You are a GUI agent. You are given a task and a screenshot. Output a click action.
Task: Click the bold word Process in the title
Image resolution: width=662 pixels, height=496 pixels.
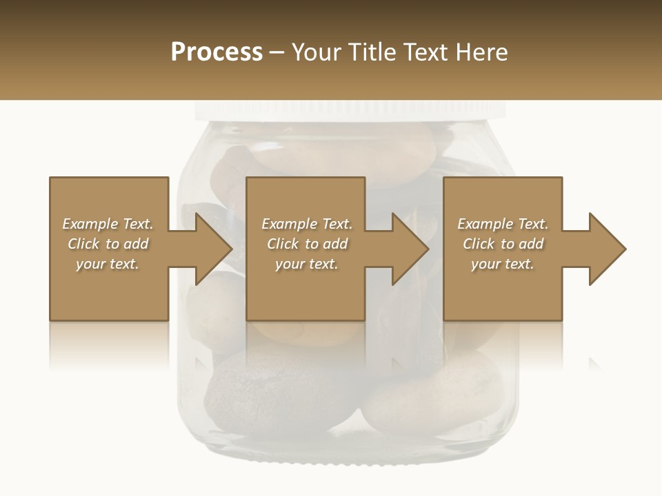[x=217, y=52]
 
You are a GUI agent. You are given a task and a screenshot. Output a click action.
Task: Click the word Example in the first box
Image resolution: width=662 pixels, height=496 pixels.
[x=90, y=224]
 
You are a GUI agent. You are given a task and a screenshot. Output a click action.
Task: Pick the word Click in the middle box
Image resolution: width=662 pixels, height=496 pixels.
[x=283, y=244]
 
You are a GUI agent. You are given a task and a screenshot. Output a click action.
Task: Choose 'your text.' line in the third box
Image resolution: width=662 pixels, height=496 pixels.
[x=502, y=264]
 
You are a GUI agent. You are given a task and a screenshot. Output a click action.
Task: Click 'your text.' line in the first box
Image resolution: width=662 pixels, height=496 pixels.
[x=108, y=264]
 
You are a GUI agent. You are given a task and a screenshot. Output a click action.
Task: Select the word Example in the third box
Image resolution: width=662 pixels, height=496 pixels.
[x=485, y=224]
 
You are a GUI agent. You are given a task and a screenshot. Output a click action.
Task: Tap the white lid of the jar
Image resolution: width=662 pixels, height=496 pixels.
[x=350, y=110]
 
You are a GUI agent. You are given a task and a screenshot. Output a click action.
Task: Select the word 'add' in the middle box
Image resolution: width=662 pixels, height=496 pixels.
[x=335, y=244]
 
